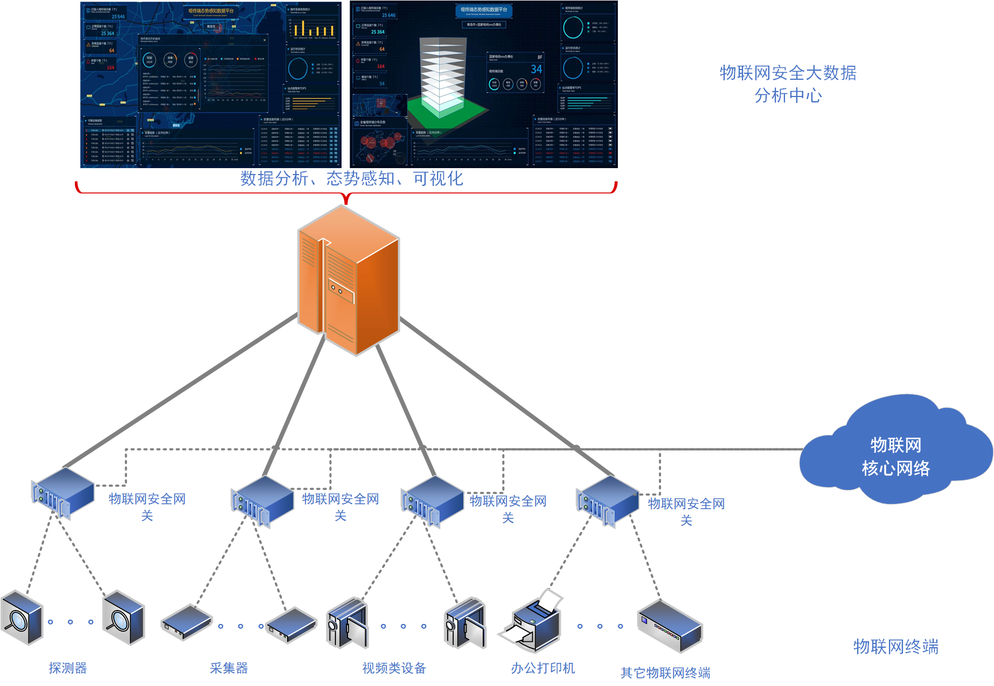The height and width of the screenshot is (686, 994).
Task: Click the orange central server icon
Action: pos(349,280)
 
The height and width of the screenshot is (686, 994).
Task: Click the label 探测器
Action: pos(68,668)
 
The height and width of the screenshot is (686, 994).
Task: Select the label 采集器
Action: pos(229,668)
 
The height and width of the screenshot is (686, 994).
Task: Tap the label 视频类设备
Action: pos(394,668)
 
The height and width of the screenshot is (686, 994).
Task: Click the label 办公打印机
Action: pos(543,668)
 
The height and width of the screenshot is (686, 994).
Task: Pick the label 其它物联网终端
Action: pos(665,673)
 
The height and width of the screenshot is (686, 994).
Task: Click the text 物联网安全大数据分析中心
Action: pos(788,84)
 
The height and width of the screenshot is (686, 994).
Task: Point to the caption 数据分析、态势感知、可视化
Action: pos(352,178)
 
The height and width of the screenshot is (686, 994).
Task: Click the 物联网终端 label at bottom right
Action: pos(895,647)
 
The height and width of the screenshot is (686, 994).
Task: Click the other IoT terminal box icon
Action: pos(670,625)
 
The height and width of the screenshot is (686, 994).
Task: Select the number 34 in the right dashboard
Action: pos(536,70)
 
